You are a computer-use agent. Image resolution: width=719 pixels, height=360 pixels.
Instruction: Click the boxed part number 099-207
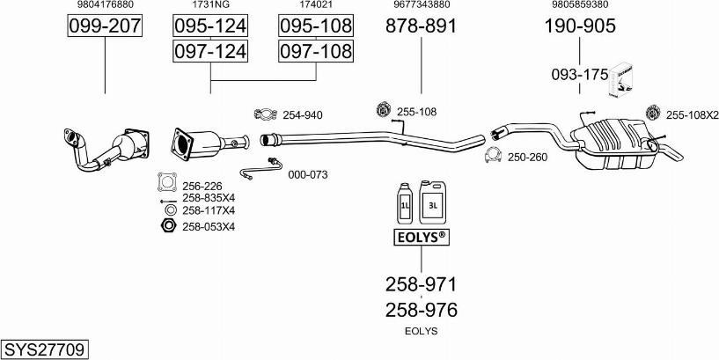pos(105,26)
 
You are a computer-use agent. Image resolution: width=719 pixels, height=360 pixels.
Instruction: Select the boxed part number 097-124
pos(210,51)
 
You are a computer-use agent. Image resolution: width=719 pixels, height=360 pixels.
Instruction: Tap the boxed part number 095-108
pos(316,26)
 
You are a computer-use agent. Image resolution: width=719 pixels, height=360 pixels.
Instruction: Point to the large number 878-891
pos(421,26)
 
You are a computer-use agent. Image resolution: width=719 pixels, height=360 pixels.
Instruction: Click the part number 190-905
pos(580,26)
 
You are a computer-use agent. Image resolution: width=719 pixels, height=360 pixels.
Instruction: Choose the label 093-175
pos(580,74)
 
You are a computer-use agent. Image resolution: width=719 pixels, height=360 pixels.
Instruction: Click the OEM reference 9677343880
pos(421,4)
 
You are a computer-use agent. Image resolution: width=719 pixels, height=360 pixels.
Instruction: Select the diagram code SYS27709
pos(45,350)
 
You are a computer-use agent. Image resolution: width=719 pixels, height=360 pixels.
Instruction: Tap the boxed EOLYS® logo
pos(422,237)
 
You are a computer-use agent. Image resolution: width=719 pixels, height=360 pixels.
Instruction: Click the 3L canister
pos(432,202)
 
